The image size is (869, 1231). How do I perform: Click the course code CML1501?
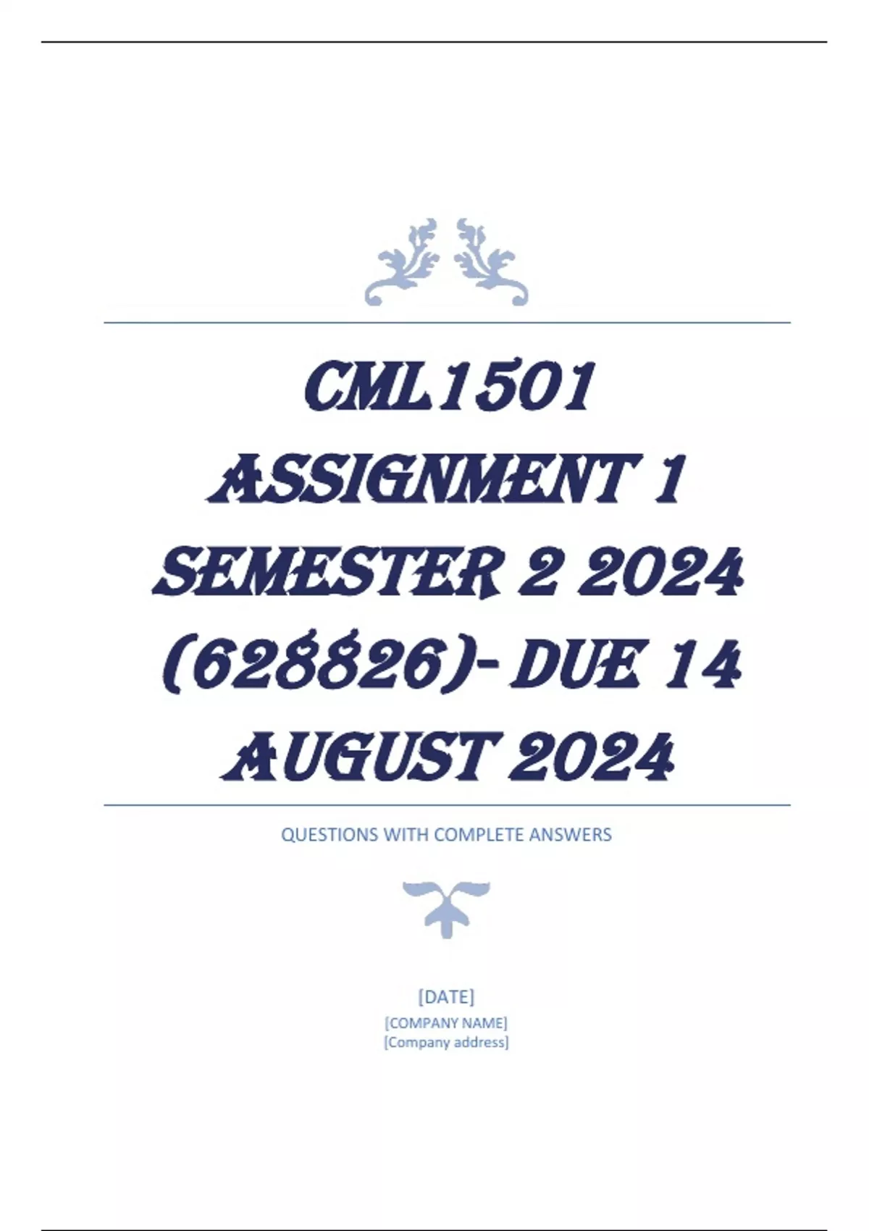[x=449, y=387]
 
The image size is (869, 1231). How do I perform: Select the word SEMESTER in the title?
[x=327, y=572]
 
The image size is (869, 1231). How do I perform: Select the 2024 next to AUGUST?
[x=592, y=758]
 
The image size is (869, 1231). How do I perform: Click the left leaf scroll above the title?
[x=402, y=262]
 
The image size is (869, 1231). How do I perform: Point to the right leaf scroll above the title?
[x=492, y=262]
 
